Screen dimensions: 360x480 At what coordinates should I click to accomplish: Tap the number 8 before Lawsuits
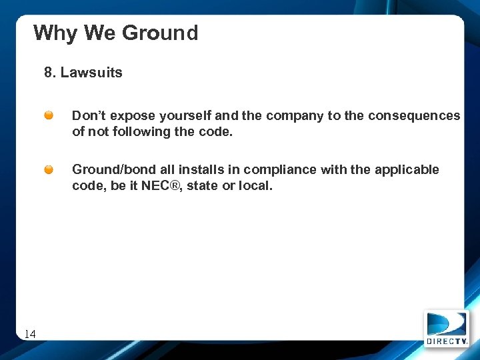click(48, 73)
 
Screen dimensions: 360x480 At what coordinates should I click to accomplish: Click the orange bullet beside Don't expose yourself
click(49, 115)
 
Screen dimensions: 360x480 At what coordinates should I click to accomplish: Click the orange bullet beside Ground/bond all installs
click(49, 169)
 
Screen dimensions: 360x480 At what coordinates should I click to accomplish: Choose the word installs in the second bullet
click(202, 169)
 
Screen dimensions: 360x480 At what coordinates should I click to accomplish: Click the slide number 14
click(30, 334)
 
